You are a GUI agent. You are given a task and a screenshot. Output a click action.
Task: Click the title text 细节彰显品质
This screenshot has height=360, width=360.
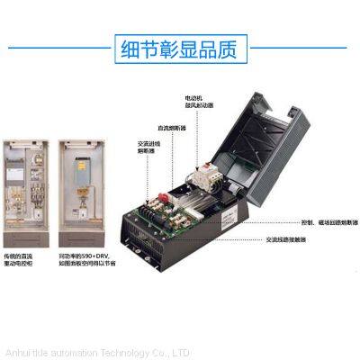tap(179, 48)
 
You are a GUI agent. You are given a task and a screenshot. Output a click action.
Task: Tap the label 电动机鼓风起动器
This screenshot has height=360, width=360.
tap(196, 96)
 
